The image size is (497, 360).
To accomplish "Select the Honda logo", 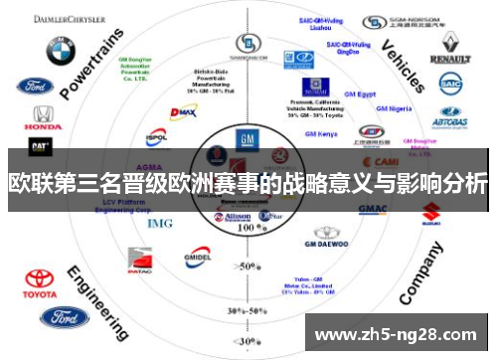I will coord(42,118).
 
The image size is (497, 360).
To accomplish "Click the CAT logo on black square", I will coord(41,146).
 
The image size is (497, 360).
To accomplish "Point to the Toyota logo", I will coord(41,282).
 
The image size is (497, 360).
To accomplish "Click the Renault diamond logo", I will coord(450,46).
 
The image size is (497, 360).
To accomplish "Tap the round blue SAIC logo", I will coord(451,87).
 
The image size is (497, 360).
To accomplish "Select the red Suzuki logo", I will coord(430,213).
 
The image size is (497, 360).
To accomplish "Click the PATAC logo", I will coord(140,264).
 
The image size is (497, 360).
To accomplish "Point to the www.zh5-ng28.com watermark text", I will coord(402,333).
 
